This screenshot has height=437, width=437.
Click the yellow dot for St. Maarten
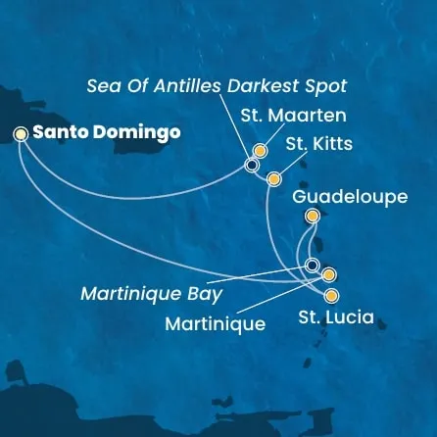click(x=260, y=151)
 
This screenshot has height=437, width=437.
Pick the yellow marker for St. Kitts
click(x=274, y=179)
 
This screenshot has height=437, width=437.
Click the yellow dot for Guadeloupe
click(x=313, y=217)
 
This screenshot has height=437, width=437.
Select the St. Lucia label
click(x=334, y=317)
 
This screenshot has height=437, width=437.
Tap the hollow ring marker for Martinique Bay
click(x=312, y=266)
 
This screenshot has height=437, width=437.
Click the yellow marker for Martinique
click(x=328, y=275)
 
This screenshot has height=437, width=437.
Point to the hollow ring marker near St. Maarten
click(x=252, y=166)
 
